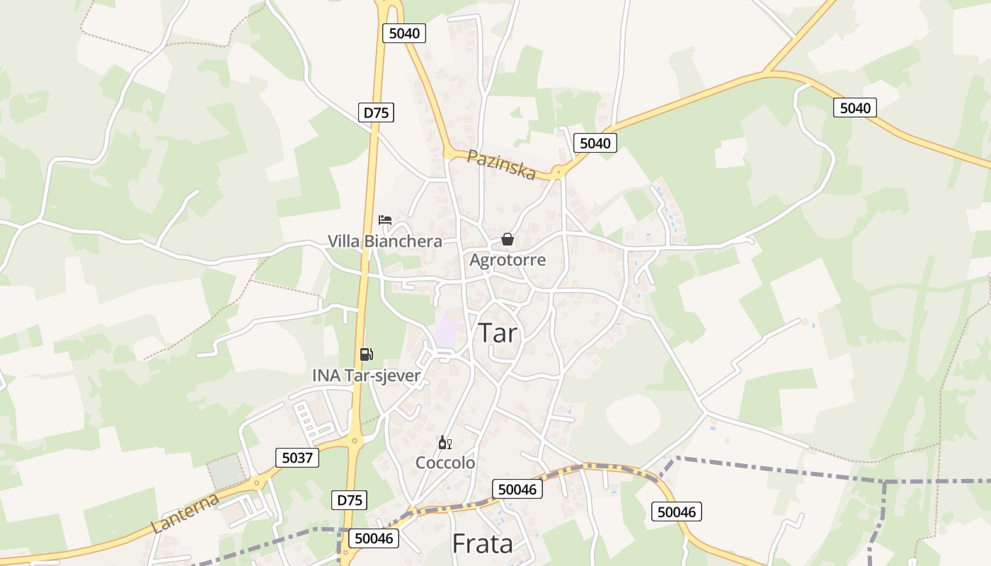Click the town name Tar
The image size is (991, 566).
[x=498, y=333]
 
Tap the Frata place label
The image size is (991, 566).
[x=482, y=543]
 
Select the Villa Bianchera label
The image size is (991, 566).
[x=384, y=241]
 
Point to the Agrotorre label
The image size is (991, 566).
[x=508, y=260]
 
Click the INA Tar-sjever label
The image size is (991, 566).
[x=366, y=376]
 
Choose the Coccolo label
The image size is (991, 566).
[x=445, y=463]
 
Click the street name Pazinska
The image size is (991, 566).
[x=501, y=165]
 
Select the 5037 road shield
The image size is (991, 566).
[x=297, y=458]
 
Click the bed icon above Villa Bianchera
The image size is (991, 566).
[x=385, y=220]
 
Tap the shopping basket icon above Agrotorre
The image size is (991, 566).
[x=508, y=239]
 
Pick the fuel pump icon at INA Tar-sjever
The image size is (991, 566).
[x=366, y=354]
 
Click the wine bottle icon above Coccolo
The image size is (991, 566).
[x=445, y=443]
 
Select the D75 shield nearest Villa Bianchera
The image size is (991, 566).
[x=376, y=112]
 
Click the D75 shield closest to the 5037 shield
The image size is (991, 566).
[x=349, y=500]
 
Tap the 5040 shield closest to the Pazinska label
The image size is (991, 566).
[x=595, y=143]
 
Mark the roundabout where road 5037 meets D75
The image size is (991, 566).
[x=353, y=441]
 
